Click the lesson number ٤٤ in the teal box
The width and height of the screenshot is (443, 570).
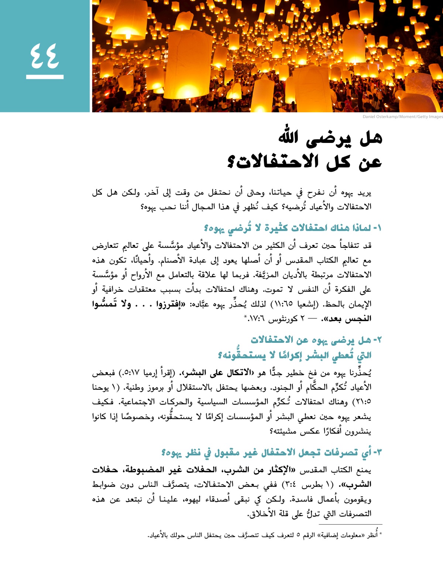(x=45, y=56)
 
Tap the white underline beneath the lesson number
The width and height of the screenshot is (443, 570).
(x=45, y=77)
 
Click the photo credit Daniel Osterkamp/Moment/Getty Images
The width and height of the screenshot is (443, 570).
(x=402, y=117)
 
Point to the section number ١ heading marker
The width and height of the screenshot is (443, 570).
(x=377, y=228)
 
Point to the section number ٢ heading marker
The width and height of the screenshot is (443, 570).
(x=377, y=339)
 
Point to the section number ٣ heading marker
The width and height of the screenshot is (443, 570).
(x=377, y=452)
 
